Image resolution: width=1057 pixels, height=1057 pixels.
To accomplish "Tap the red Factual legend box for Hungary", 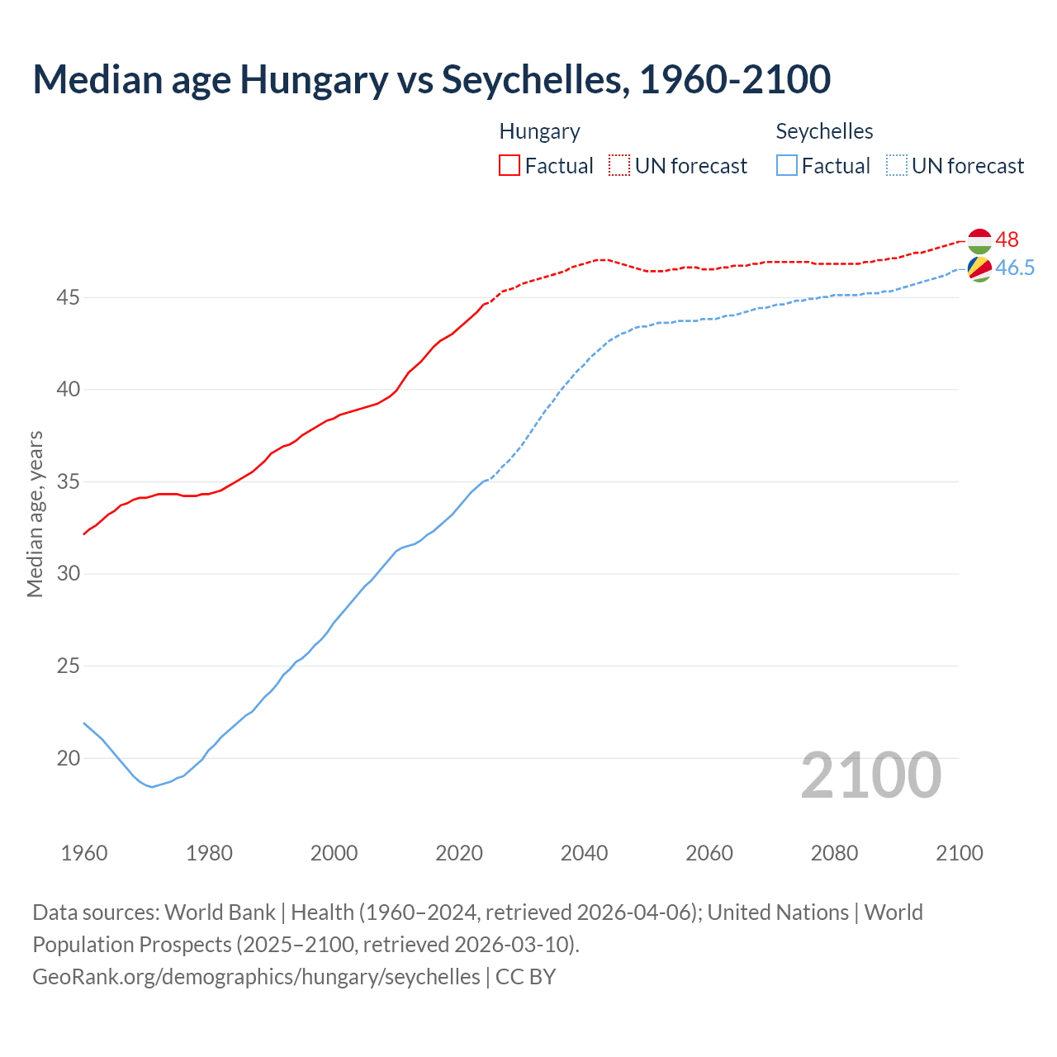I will point(510,166).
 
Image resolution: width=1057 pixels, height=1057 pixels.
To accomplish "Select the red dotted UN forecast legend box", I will point(619,166).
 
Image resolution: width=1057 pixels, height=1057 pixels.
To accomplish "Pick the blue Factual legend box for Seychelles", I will point(787,166).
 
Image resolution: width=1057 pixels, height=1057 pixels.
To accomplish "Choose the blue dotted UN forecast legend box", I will point(897,166).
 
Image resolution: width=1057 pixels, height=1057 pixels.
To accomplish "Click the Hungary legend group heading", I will point(539,131).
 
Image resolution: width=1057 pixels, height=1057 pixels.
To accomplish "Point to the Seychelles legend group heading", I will point(824,131).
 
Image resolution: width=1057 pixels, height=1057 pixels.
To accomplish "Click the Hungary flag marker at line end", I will point(979,240).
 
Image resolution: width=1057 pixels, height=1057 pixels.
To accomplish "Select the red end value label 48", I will point(1007,239).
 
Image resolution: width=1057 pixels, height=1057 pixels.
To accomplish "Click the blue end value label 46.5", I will point(1015,268).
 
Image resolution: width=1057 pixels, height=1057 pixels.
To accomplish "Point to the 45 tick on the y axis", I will point(68,297).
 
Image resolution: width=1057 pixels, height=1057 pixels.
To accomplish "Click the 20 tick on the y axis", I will point(68,758).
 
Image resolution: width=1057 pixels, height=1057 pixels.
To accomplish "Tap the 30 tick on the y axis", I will point(68,574).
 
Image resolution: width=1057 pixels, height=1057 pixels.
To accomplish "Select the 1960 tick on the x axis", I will point(84,853).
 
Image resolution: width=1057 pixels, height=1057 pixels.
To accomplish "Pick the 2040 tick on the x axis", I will point(584,853).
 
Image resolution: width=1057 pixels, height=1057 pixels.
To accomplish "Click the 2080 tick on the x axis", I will point(834,853).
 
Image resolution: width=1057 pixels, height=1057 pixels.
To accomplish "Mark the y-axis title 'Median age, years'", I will point(35,514).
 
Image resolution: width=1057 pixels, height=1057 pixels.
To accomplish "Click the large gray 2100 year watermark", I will point(870,775).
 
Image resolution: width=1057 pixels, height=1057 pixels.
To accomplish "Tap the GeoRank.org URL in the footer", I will point(256,977).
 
